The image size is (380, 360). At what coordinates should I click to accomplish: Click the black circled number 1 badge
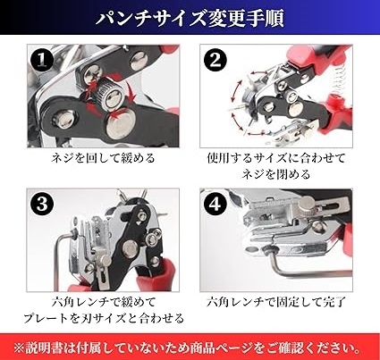(x=42, y=60)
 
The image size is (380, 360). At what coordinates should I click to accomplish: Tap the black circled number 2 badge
(x=215, y=61)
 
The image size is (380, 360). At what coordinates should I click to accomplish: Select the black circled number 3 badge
(x=42, y=204)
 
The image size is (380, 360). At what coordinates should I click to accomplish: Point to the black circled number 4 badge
(x=215, y=205)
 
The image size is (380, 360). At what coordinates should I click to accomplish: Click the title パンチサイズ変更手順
(x=190, y=18)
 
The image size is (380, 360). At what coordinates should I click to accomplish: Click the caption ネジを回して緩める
(x=103, y=158)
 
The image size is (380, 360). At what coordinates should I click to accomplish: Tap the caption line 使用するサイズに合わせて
(x=276, y=158)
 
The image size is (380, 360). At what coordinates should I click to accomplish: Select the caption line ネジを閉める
(x=276, y=174)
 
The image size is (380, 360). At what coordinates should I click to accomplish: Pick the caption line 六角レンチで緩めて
(x=104, y=303)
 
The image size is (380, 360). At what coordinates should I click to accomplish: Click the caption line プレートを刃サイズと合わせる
(x=104, y=319)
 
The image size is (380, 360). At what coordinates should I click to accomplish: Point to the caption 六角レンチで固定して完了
(x=276, y=303)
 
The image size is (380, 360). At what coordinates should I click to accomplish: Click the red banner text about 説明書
(x=187, y=347)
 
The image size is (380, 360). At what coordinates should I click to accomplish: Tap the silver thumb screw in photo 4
(x=308, y=205)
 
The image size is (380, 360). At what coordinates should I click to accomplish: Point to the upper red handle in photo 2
(x=312, y=59)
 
